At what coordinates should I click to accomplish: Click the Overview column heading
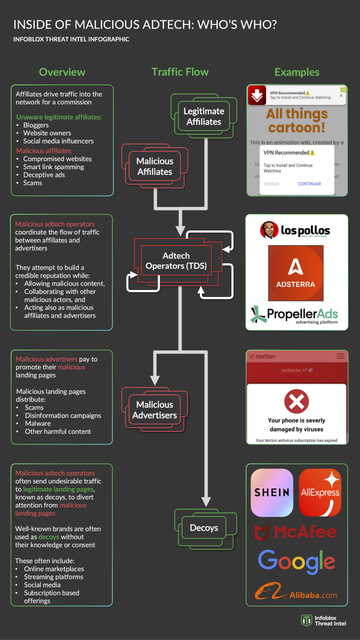click(61, 72)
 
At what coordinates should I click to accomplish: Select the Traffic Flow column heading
click(180, 72)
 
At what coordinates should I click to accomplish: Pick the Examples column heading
click(297, 72)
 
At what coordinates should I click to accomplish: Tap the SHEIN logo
click(271, 492)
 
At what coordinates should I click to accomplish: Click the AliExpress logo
click(321, 492)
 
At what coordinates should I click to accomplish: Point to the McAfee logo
click(296, 532)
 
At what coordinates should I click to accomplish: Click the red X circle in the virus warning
click(296, 402)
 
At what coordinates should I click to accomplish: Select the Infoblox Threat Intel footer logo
click(320, 621)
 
